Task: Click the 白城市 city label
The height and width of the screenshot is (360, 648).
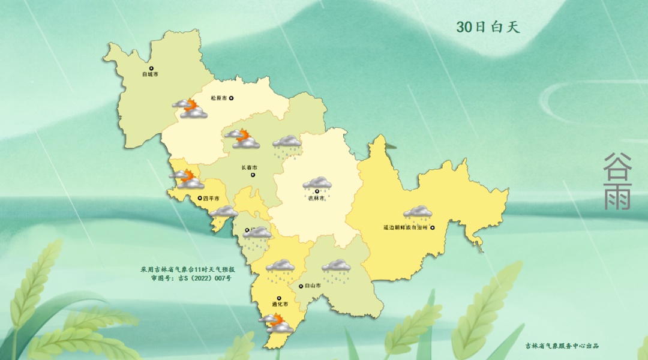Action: click(x=150, y=75)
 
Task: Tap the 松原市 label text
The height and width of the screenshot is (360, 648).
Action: click(x=218, y=98)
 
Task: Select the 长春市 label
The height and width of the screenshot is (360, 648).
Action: click(x=249, y=167)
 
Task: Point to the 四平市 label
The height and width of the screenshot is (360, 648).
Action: click(x=211, y=199)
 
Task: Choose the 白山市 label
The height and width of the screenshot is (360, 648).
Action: click(x=313, y=286)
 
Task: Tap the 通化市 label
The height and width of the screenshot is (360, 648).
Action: click(x=280, y=305)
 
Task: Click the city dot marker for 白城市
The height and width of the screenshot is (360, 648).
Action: click(x=151, y=68)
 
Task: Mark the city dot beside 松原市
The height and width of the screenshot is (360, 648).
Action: click(x=231, y=98)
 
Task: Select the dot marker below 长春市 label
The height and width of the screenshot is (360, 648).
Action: click(x=253, y=175)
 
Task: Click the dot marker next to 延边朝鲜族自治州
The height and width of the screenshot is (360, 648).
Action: click(x=432, y=227)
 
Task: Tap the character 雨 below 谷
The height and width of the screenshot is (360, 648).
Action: click(x=617, y=196)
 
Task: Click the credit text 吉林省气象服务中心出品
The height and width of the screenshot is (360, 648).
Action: click(x=562, y=346)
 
